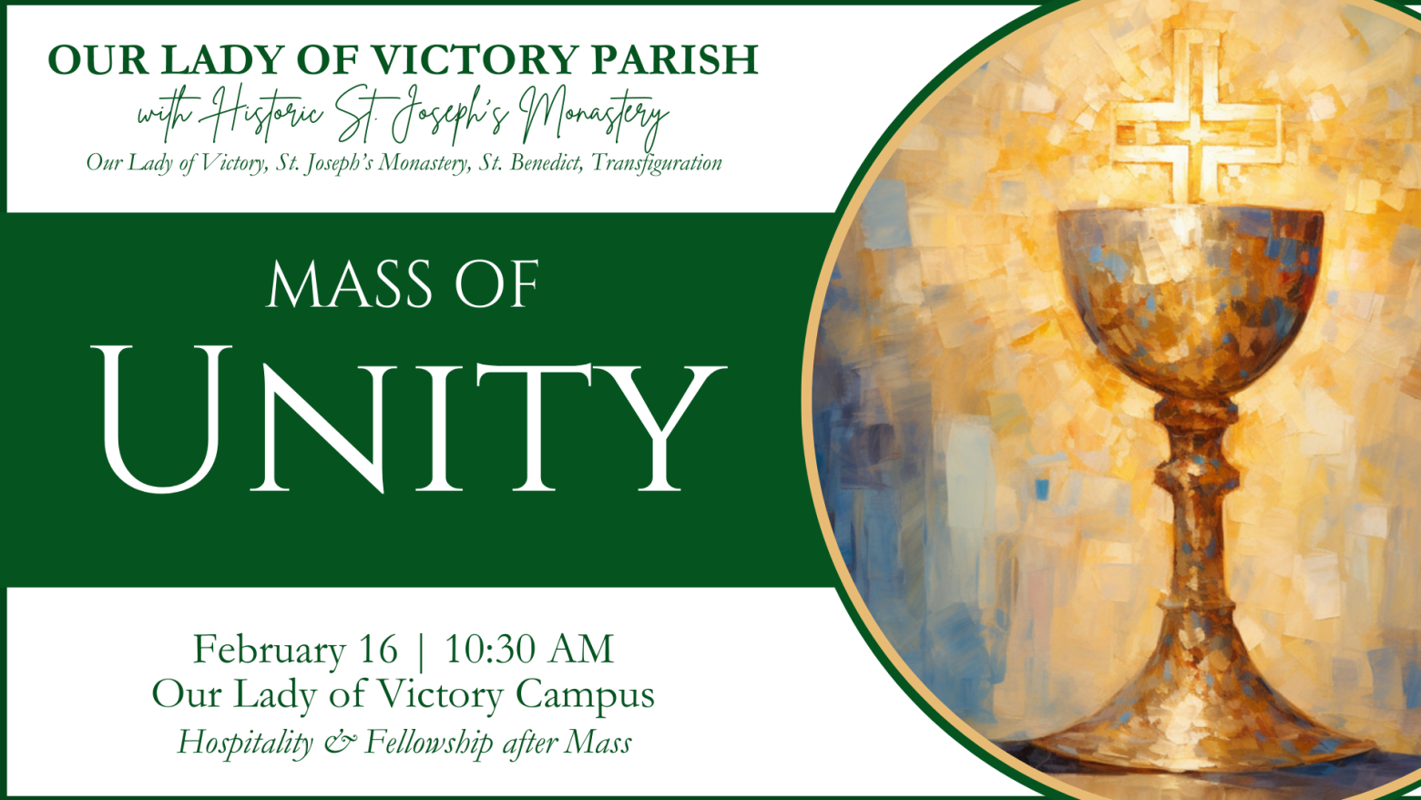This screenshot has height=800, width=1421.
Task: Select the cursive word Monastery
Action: tap(595, 118)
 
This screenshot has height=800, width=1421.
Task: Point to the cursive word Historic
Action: tap(267, 114)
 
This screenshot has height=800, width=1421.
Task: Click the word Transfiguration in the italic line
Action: tap(656, 163)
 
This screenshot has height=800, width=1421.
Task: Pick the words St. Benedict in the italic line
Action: tap(530, 162)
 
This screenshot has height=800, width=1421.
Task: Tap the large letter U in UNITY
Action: tap(162, 419)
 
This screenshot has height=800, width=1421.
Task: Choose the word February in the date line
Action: tap(269, 651)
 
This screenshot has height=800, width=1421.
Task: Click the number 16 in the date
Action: tap(378, 649)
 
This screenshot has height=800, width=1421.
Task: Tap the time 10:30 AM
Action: tap(529, 649)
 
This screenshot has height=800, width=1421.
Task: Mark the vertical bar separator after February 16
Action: tap(421, 651)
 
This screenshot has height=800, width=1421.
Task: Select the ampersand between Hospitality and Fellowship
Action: tap(340, 743)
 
